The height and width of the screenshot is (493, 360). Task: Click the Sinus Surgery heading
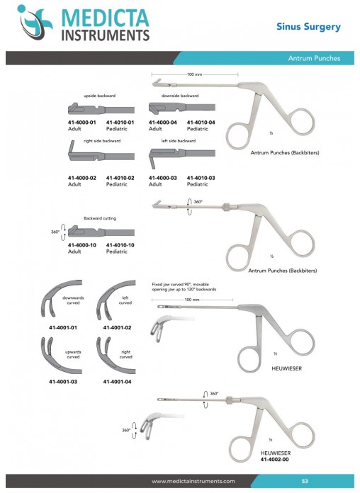pyautogui.click(x=308, y=27)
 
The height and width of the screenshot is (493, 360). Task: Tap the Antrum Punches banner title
pyautogui.click(x=314, y=58)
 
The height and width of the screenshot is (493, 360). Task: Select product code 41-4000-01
pyautogui.click(x=81, y=123)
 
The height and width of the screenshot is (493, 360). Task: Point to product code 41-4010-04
pyautogui.click(x=201, y=123)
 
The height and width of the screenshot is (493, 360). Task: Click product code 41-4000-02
pyautogui.click(x=81, y=178)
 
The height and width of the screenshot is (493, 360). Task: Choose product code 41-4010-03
pyautogui.click(x=201, y=178)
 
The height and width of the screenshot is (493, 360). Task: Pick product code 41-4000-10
pyautogui.click(x=81, y=245)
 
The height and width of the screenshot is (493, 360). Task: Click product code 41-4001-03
pyautogui.click(x=63, y=382)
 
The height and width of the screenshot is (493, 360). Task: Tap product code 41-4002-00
pyautogui.click(x=274, y=460)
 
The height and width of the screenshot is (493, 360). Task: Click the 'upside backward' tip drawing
pyautogui.click(x=101, y=110)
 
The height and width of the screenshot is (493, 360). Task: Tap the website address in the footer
pyautogui.click(x=193, y=481)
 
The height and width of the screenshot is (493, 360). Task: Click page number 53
pyautogui.click(x=305, y=481)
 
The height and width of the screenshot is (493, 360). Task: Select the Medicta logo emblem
pyautogui.click(x=35, y=22)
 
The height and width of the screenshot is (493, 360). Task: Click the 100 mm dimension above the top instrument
pyautogui.click(x=194, y=74)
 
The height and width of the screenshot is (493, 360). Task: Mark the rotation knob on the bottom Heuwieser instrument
pyautogui.click(x=230, y=399)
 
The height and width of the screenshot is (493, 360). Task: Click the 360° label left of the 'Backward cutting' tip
pyautogui.click(x=55, y=232)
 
